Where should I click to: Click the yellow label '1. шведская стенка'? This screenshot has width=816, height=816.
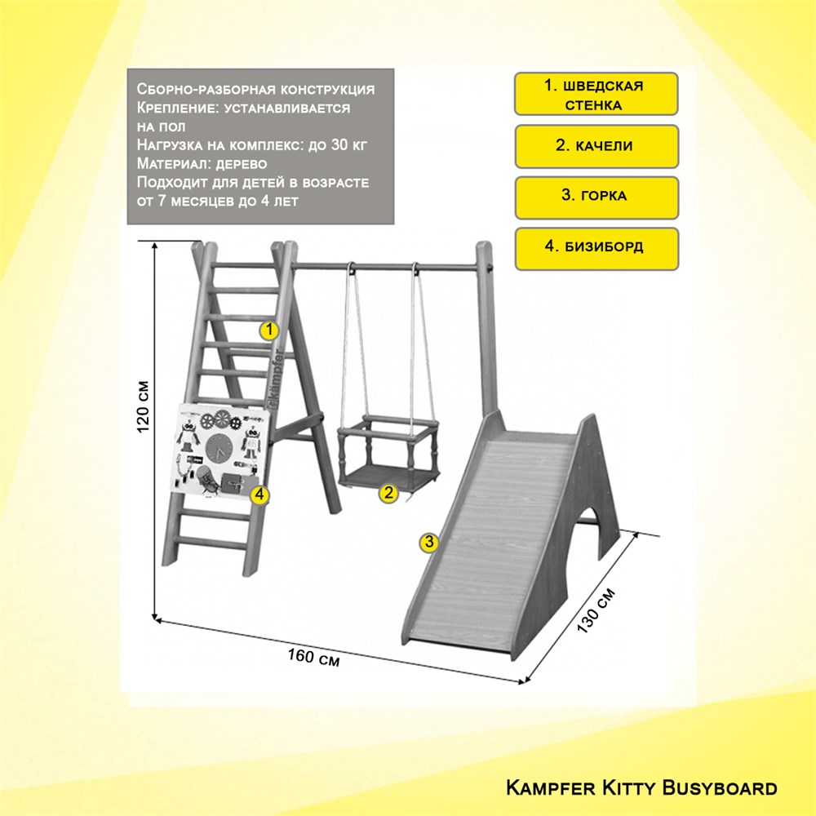596,94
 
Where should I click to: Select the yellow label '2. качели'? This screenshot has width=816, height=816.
596,146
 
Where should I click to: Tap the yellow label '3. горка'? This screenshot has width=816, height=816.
596,197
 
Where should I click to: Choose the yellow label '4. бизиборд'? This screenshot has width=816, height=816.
596,249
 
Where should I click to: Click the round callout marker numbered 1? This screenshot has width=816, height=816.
269,330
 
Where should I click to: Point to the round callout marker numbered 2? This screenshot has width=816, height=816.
388,493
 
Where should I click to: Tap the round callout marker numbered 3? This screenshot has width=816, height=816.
429,542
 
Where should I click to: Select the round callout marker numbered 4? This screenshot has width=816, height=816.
259,495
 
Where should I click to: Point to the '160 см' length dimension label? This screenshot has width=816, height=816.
314,657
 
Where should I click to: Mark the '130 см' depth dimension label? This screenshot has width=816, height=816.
596,610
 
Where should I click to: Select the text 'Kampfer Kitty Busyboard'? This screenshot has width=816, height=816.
641,787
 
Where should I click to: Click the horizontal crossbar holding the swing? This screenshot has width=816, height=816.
386,268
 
